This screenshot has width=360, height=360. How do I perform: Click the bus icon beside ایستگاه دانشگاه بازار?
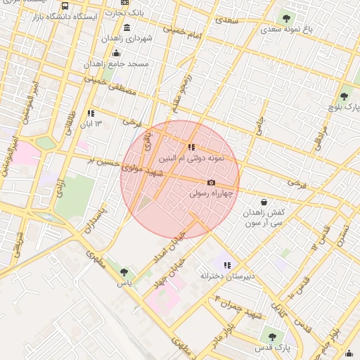coord(65,6)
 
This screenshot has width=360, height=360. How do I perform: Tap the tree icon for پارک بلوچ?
coord(345,96)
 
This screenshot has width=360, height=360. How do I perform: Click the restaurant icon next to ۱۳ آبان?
coord(90,113)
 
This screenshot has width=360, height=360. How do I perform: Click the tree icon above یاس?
coord(124,272)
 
